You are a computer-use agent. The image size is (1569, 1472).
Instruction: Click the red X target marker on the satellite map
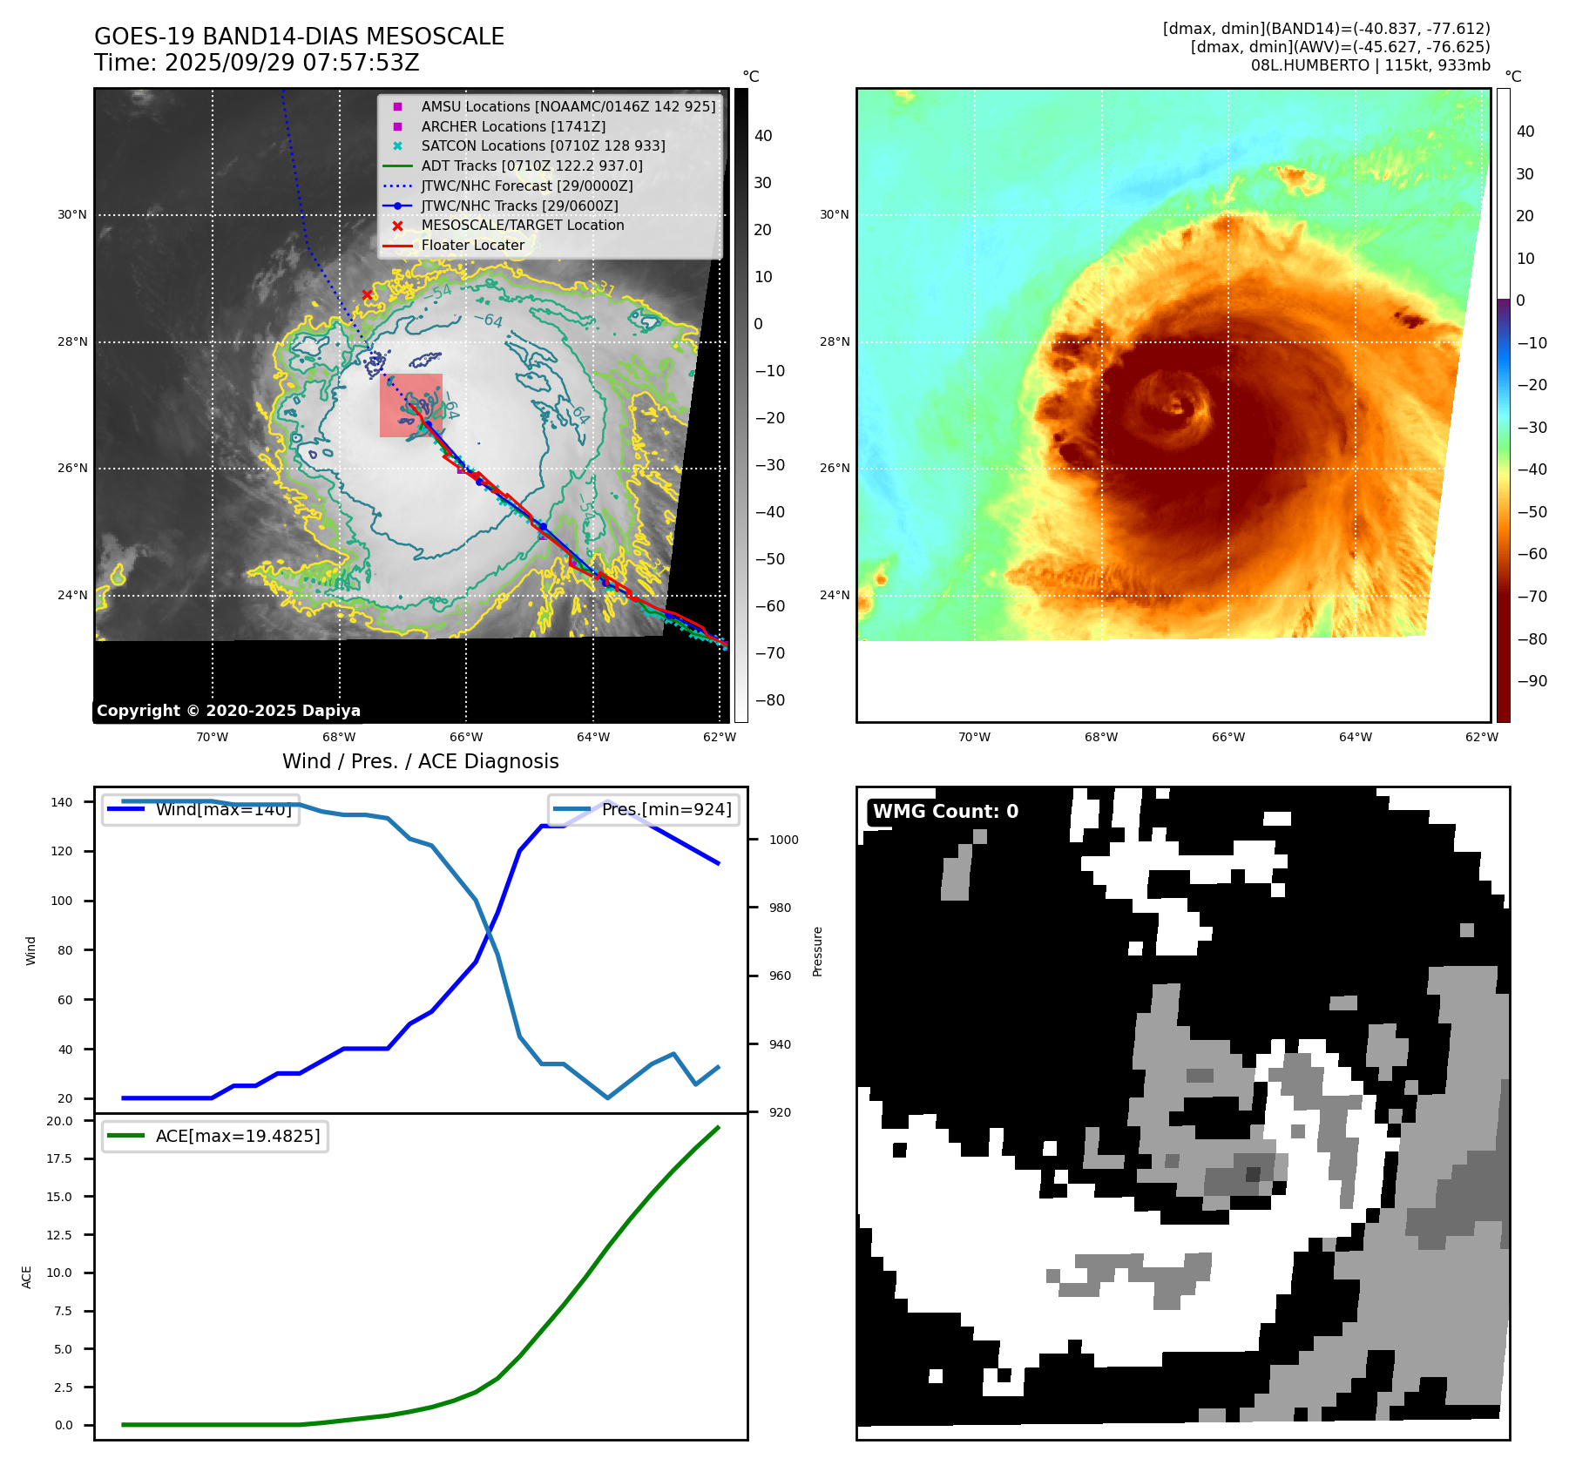367,294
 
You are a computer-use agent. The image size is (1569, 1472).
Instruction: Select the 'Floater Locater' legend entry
472,246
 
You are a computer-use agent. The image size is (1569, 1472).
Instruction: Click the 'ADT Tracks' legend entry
531,165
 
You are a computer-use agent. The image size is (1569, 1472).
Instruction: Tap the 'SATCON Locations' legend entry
543,146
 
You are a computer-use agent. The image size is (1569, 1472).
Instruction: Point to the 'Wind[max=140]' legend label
223,810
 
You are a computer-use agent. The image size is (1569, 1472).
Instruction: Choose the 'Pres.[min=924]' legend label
666,810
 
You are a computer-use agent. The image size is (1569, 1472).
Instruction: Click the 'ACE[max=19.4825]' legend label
237,1137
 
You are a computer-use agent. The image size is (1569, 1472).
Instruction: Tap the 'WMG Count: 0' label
945,812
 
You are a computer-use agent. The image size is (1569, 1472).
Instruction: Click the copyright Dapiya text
228,711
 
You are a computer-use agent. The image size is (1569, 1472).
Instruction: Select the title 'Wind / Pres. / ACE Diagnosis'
420,761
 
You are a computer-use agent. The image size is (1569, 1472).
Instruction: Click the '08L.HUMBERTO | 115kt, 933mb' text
1370,65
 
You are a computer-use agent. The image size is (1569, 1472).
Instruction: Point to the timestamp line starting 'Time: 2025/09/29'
257,64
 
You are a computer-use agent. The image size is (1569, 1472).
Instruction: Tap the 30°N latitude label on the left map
72,215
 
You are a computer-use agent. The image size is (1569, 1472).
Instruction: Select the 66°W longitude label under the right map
1228,738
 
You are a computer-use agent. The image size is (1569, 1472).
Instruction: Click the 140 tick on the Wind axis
62,802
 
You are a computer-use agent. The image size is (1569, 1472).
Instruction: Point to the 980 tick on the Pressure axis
780,908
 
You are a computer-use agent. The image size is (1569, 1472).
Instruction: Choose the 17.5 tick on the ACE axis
59,1158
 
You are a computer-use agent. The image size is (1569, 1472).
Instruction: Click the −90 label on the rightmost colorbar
1532,681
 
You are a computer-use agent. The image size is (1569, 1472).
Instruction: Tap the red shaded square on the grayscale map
410,405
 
